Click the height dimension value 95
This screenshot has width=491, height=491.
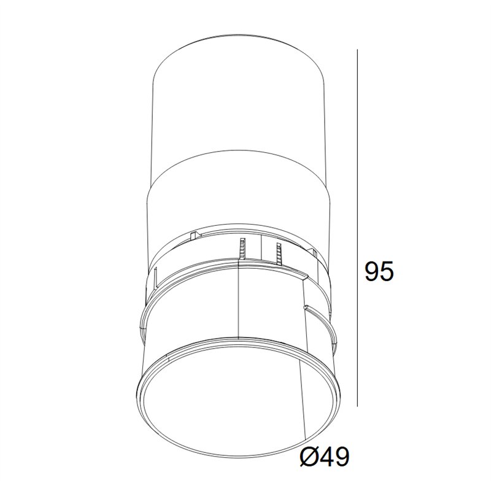tap(379, 272)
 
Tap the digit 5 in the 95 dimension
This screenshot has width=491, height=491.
tap(387, 272)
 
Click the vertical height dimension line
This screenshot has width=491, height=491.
tap(357, 228)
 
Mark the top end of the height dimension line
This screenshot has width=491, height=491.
tap(357, 50)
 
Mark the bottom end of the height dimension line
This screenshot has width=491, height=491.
tap(357, 406)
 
